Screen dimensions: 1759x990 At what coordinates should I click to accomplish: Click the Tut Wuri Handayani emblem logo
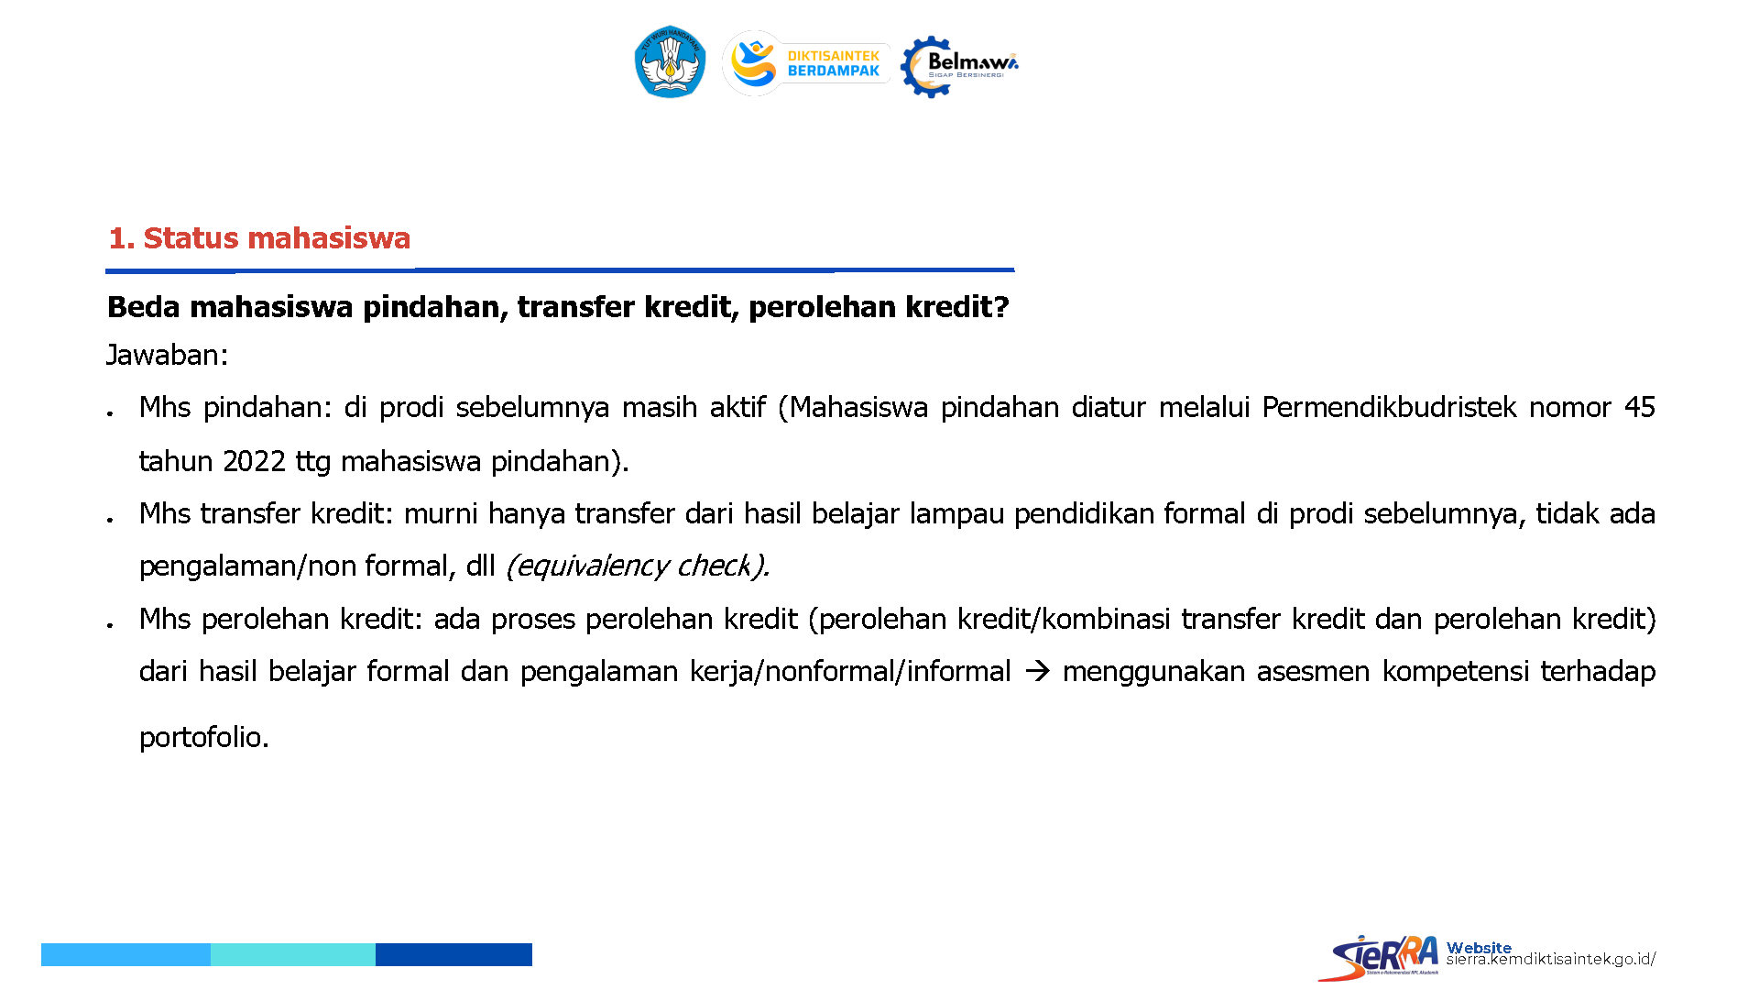[670, 61]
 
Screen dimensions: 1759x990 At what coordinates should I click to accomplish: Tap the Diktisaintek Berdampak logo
[806, 63]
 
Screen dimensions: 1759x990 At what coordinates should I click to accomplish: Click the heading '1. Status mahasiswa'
[259, 238]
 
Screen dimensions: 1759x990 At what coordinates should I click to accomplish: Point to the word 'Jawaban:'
[167, 355]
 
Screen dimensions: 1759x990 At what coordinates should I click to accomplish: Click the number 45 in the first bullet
[1639, 407]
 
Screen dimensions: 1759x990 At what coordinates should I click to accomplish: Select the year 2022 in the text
[254, 461]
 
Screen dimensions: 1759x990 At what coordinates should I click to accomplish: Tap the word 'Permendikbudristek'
[1389, 407]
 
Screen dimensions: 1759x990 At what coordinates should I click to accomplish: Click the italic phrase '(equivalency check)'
[638, 566]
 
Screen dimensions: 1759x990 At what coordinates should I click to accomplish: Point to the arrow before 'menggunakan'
[1036, 672]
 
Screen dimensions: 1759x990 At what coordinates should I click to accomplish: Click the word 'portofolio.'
[204, 737]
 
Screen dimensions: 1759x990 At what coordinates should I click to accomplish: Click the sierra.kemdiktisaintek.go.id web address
[1551, 960]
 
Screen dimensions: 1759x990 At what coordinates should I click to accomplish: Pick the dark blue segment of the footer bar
[453, 954]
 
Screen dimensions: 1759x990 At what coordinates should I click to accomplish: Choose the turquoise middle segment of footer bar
[293, 954]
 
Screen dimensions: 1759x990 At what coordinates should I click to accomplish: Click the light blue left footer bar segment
[126, 954]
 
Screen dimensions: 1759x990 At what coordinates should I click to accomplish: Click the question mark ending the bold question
[1001, 307]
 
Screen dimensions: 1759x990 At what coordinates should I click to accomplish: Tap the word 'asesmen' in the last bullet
[1313, 672]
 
